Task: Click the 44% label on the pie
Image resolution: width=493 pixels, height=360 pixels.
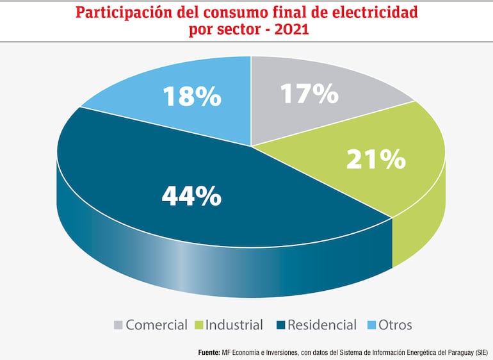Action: [x=191, y=195]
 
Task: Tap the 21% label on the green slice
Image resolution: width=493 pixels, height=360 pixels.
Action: [x=376, y=159]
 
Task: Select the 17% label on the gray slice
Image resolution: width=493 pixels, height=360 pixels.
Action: [x=309, y=94]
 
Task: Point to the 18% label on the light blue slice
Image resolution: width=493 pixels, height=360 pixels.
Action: [x=191, y=96]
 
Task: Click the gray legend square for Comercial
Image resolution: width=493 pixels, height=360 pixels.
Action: [x=118, y=325]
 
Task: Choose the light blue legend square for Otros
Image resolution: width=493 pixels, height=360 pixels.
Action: [x=369, y=325]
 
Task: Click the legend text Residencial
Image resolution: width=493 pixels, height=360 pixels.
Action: [x=322, y=325]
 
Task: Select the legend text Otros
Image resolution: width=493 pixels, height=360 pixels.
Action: [x=395, y=325]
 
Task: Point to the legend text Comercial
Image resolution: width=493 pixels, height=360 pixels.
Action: [x=157, y=325]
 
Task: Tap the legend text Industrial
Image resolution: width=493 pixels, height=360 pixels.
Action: [x=235, y=325]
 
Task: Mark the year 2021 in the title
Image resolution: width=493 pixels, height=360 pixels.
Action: [x=291, y=29]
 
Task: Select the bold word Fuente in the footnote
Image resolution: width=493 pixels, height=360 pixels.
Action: [x=209, y=352]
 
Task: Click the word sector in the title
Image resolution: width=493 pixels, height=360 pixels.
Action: [x=242, y=29]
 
